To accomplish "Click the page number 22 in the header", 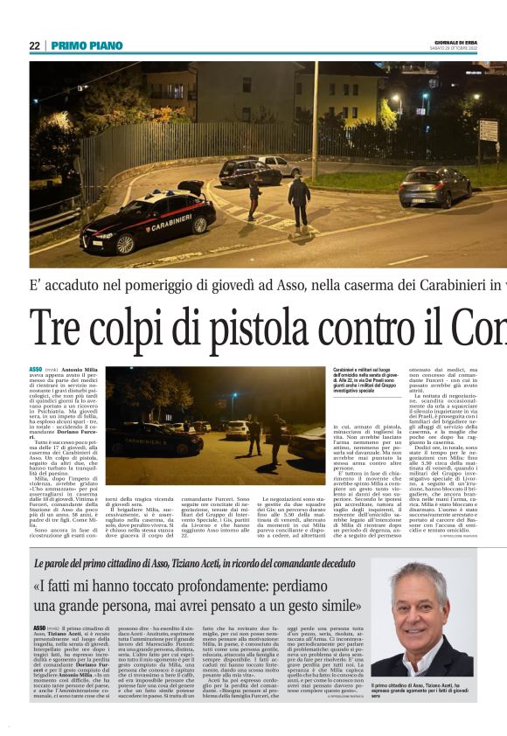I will (x=34, y=45).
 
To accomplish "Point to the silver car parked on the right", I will (x=434, y=186).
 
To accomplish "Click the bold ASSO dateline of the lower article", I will (x=40, y=628).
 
